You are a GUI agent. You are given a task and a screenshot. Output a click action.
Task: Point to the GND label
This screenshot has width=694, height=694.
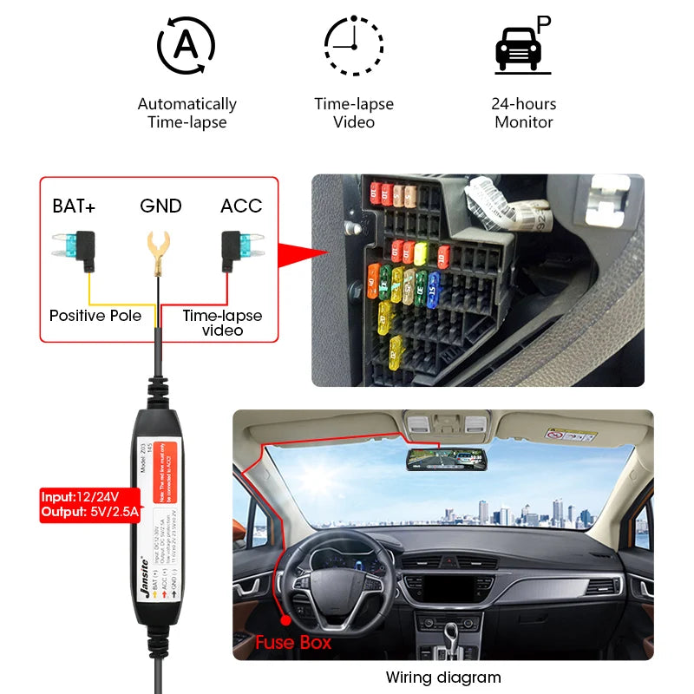click(160, 206)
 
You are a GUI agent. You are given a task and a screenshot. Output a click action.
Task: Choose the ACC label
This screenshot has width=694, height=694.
click(240, 206)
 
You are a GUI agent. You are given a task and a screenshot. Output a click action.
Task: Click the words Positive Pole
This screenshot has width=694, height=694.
click(95, 316)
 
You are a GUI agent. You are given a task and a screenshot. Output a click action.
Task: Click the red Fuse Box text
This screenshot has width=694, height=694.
click(292, 643)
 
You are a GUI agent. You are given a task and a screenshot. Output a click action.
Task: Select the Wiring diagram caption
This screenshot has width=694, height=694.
click(443, 678)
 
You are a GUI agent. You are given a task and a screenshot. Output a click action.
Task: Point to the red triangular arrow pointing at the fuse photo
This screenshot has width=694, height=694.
click(304, 252)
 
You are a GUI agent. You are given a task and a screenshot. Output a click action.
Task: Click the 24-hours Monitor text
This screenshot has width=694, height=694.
click(523, 113)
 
